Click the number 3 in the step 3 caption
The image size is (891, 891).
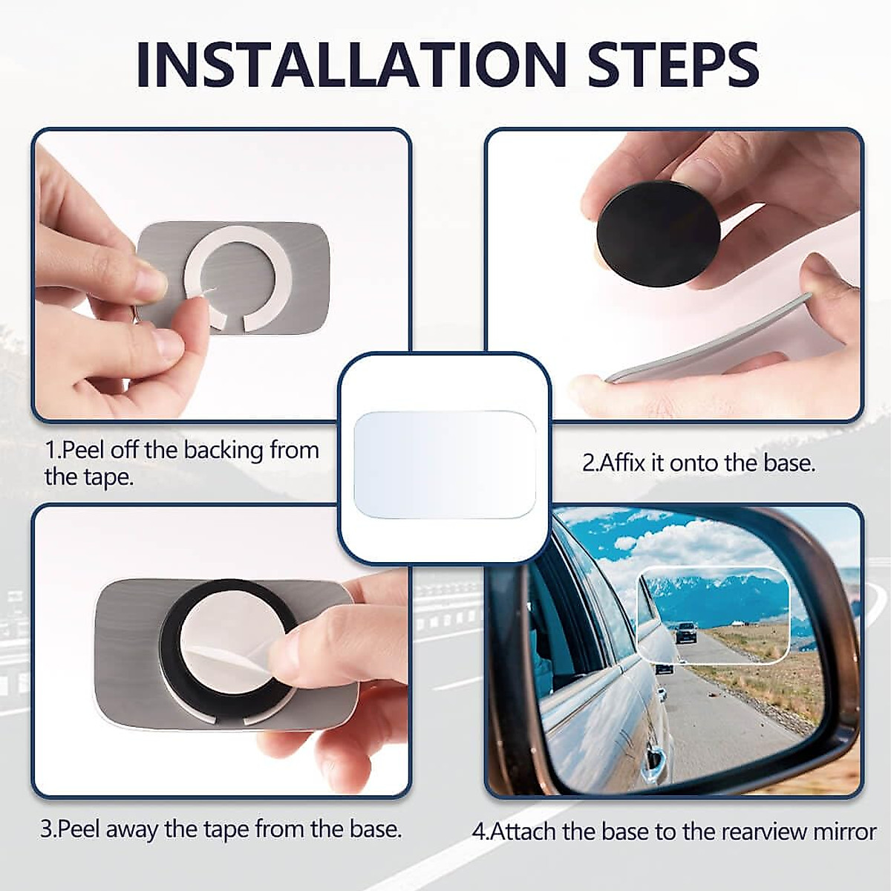(x=46, y=829)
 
